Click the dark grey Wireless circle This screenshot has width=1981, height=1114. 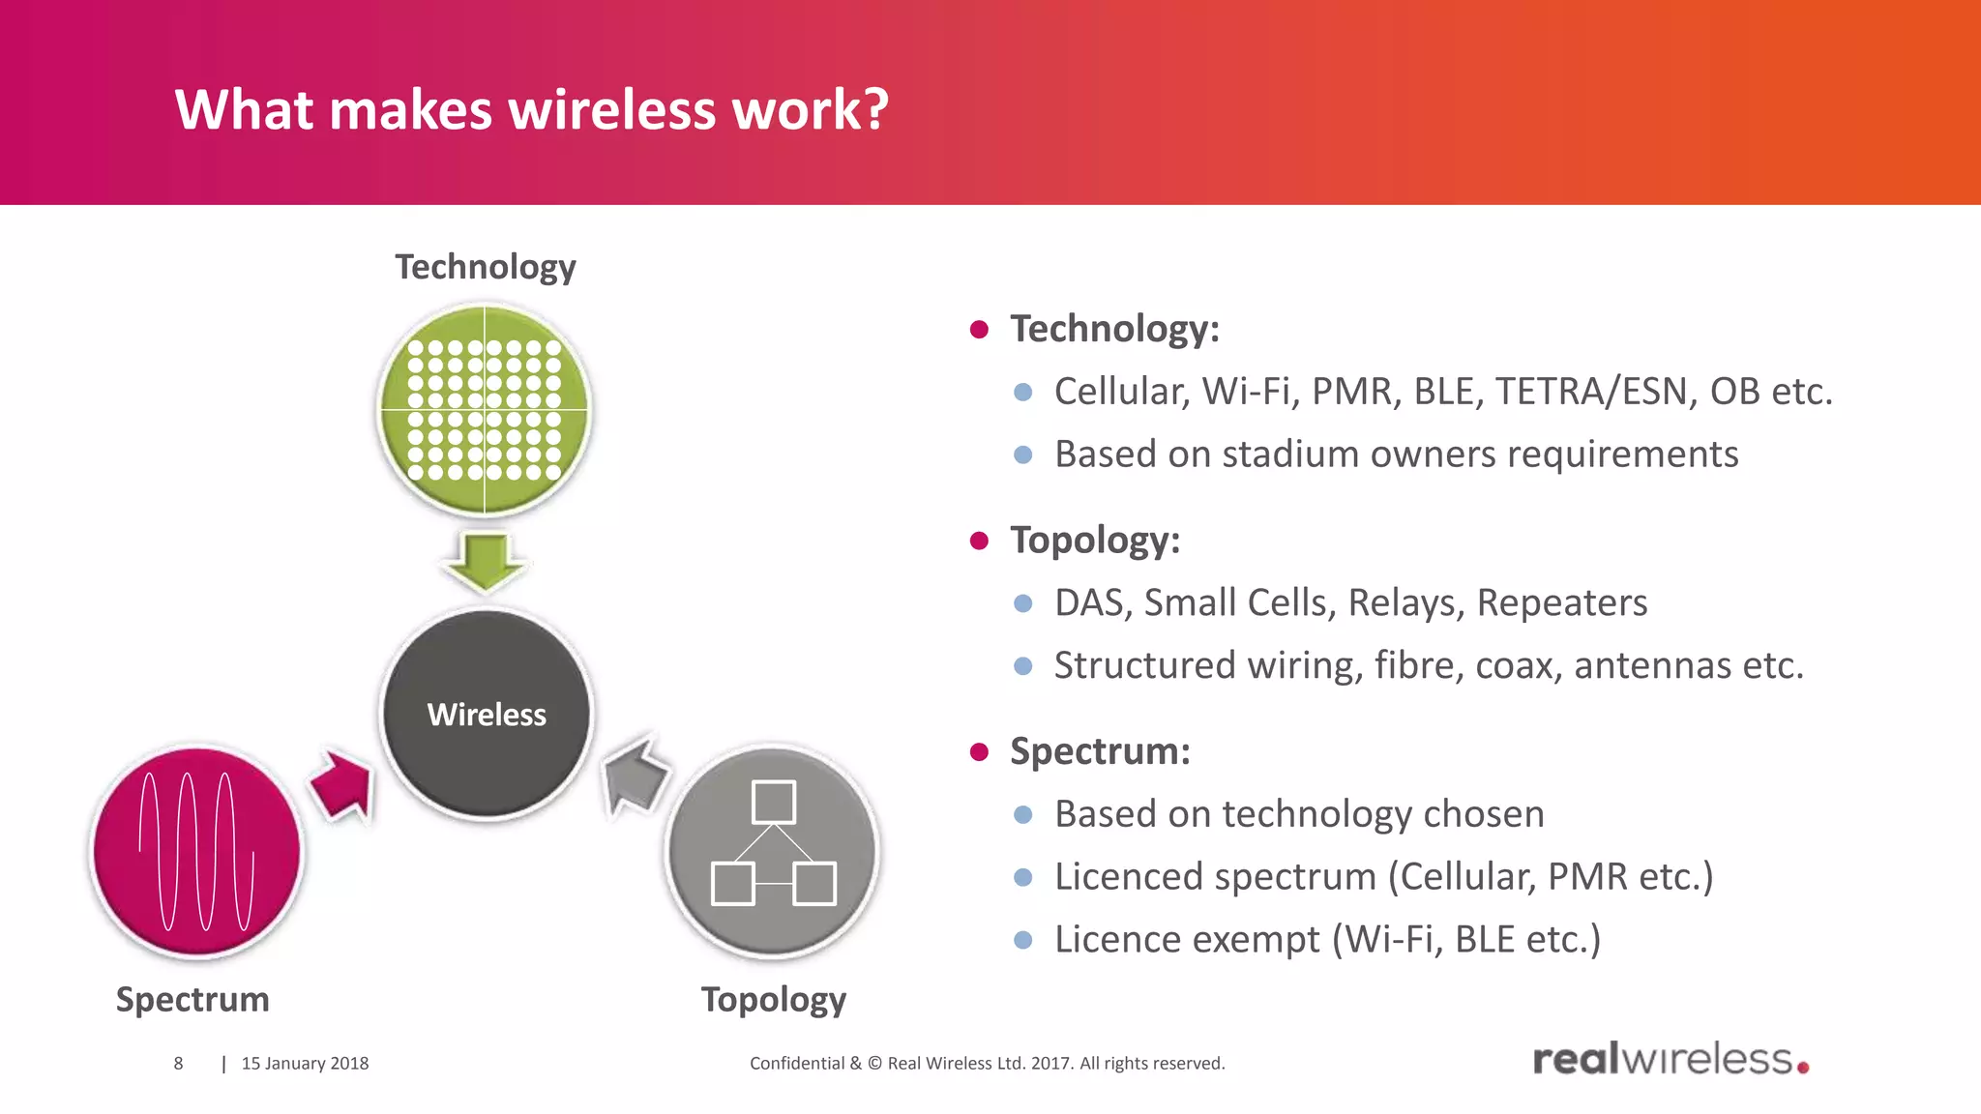pyautogui.click(x=487, y=714)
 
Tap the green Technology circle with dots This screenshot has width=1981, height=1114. pyautogui.click(x=484, y=409)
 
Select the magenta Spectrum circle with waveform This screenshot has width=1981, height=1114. pyautogui.click(x=197, y=851)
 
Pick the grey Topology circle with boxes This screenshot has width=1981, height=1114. pyautogui.click(x=773, y=851)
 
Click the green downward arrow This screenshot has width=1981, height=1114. pyautogui.click(x=485, y=561)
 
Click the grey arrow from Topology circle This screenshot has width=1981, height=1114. pyautogui.click(x=634, y=774)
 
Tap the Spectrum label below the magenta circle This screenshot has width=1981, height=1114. pyautogui.click(x=192, y=999)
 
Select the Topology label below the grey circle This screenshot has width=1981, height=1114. pyautogui.click(x=773, y=999)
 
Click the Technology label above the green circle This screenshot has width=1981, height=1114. pyautogui.click(x=485, y=267)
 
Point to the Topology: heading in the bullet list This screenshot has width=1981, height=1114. pyautogui.click(x=1095, y=540)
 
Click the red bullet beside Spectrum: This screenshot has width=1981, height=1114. pyautogui.click(x=979, y=752)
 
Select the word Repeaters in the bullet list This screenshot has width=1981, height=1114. pyautogui.click(x=1561, y=602)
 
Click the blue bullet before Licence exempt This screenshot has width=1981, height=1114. pyautogui.click(x=1023, y=940)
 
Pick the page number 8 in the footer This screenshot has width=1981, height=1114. pyautogui.click(x=178, y=1063)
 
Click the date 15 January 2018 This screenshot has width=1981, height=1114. pyautogui.click(x=305, y=1063)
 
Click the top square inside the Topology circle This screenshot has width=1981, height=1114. pyautogui.click(x=773, y=802)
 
